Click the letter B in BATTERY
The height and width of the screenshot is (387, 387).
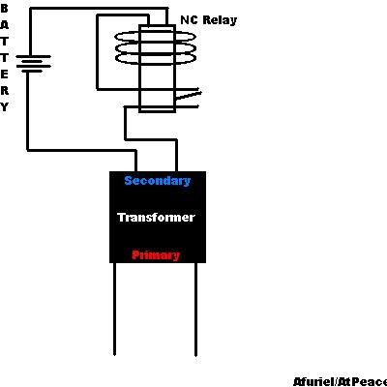point(4,9)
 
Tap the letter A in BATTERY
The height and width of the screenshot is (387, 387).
point(4,25)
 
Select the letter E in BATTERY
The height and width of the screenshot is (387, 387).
point(4,74)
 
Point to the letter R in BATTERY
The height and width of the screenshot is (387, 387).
point(4,91)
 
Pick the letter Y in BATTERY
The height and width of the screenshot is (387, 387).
point(4,107)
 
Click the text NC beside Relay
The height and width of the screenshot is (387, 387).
point(189,20)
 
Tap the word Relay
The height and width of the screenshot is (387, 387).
point(220,20)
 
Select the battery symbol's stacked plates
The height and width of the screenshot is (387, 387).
point(34,64)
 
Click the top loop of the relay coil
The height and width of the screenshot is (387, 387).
point(156,37)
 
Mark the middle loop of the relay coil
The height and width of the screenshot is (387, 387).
point(156,48)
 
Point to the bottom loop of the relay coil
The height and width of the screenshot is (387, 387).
point(156,59)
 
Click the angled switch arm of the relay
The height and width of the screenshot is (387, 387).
point(189,96)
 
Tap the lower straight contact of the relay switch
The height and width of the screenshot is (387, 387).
point(187,106)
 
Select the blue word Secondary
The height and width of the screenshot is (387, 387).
point(158,181)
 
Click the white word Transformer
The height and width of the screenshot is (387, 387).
point(156,218)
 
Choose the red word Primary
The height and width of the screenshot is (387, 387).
point(156,255)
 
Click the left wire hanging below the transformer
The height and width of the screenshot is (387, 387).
point(114,309)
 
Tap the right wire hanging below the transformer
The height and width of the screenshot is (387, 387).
point(195,310)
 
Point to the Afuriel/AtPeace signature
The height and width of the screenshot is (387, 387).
point(340,382)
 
